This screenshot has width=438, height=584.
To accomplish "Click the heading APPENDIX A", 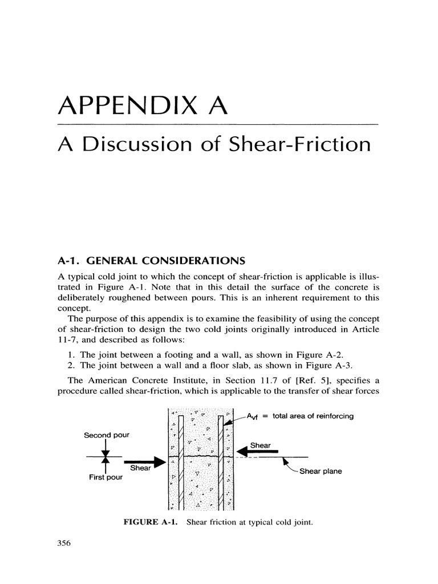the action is pos(143,106).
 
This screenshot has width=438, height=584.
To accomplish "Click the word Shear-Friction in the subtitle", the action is pos(300,144).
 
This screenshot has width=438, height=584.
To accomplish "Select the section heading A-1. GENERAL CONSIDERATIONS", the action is pos(152,260).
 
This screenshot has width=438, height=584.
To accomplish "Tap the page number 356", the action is pos(64,543).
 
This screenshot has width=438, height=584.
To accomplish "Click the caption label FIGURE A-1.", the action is pos(150,522).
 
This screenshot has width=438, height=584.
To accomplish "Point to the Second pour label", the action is pos(107,435).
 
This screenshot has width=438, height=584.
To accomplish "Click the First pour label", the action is pos(106,477).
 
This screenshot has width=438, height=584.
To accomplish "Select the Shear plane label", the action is pos(321,471).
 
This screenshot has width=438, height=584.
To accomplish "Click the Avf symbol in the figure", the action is pos(253,416).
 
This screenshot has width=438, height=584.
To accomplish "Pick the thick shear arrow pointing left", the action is pos(257,452).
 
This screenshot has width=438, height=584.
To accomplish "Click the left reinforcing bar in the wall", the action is pos(181,463).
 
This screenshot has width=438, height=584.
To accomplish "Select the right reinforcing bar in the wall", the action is pos(221,463).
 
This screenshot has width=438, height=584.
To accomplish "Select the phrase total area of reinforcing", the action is pos(313,416).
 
